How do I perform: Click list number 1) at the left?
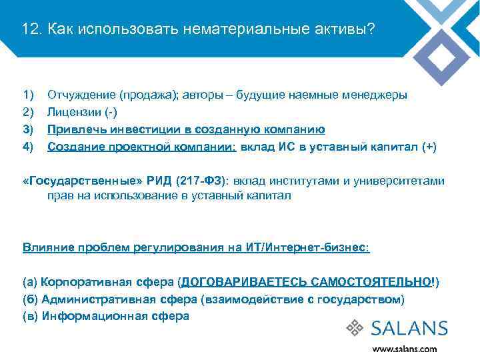[28, 95]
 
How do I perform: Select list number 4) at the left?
[28, 147]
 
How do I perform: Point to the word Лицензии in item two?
[71, 112]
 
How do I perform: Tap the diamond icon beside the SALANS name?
[355, 328]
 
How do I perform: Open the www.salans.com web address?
[404, 349]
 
